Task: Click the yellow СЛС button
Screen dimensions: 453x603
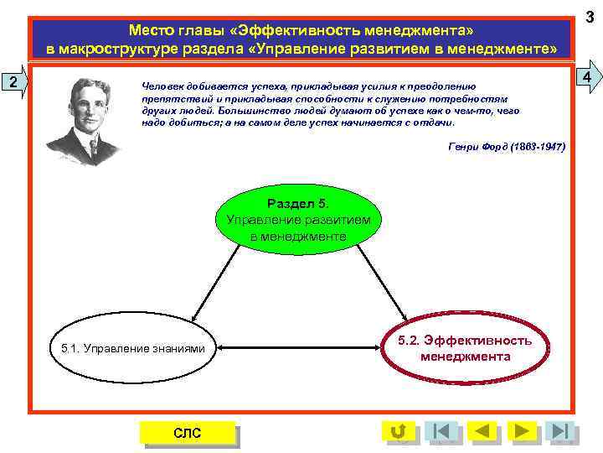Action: coord(187,432)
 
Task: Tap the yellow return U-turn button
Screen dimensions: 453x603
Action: coord(398,431)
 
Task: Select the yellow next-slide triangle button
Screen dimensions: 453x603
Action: coord(523,431)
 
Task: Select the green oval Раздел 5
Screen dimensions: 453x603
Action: coord(298,220)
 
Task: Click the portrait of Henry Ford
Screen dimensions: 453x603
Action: coord(82,122)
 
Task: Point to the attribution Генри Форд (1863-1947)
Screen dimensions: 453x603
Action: coord(507,146)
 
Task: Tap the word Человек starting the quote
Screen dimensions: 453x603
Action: coord(162,86)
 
